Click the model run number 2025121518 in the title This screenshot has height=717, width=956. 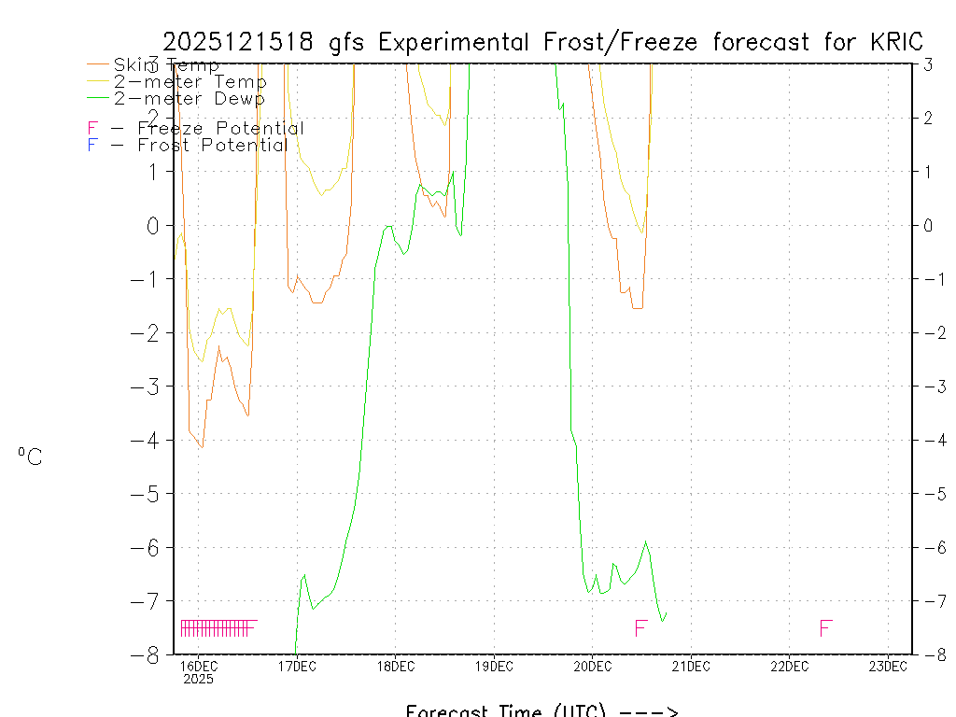point(242,42)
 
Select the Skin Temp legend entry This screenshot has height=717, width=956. point(166,65)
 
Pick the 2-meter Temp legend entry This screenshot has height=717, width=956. point(190,82)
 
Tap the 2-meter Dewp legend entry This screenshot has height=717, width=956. point(189,98)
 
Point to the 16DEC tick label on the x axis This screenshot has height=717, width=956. point(198,666)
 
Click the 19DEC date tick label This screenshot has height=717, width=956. point(494,666)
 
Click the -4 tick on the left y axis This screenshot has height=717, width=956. point(148,440)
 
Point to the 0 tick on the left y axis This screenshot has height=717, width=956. point(155,225)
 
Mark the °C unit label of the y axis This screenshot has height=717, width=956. point(30,457)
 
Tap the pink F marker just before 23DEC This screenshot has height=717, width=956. point(825,628)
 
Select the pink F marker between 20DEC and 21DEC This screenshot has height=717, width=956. point(640,628)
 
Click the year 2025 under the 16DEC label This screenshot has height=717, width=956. point(198,679)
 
